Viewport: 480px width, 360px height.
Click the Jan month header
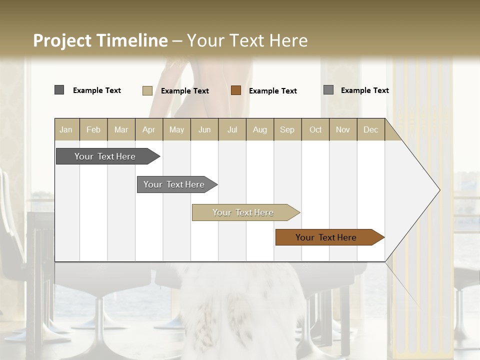point(66,129)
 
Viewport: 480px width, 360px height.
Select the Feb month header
point(93,129)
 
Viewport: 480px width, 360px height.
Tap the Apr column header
point(148,129)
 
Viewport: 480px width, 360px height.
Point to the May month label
point(176,129)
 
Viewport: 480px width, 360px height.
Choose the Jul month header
point(232,129)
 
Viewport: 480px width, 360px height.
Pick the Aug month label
point(259,129)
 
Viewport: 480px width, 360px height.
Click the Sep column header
point(287,129)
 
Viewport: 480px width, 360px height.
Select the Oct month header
point(315,129)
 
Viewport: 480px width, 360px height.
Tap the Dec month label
point(370,129)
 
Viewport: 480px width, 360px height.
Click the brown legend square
point(236,90)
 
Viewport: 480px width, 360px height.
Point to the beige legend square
point(147,90)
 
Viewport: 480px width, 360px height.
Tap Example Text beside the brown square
point(272,91)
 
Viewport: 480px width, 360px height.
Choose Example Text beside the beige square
point(184,91)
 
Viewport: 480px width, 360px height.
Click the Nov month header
point(342,129)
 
